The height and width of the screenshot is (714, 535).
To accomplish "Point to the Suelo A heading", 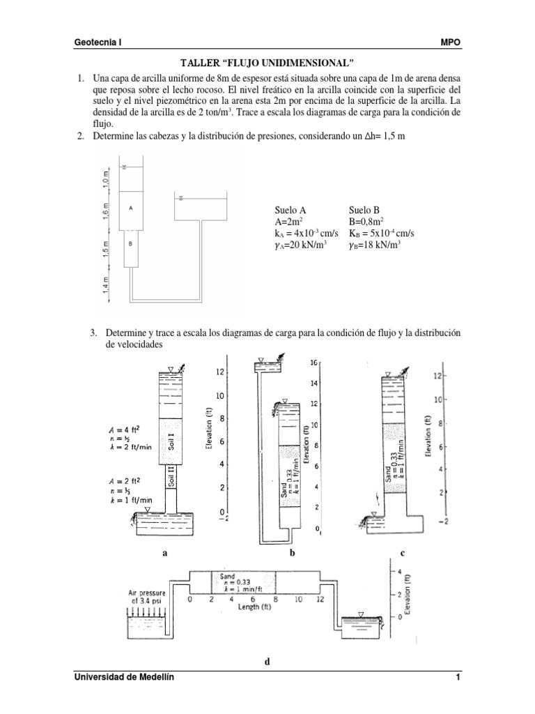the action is point(287,210).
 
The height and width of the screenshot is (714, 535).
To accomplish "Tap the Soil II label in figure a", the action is point(171,478).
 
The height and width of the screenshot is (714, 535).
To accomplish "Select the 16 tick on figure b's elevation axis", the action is point(313,363).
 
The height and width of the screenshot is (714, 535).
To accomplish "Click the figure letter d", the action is point(266,662).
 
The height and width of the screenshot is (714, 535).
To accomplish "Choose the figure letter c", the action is point(403,552).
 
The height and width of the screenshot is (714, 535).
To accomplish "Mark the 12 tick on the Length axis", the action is point(320,599).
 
